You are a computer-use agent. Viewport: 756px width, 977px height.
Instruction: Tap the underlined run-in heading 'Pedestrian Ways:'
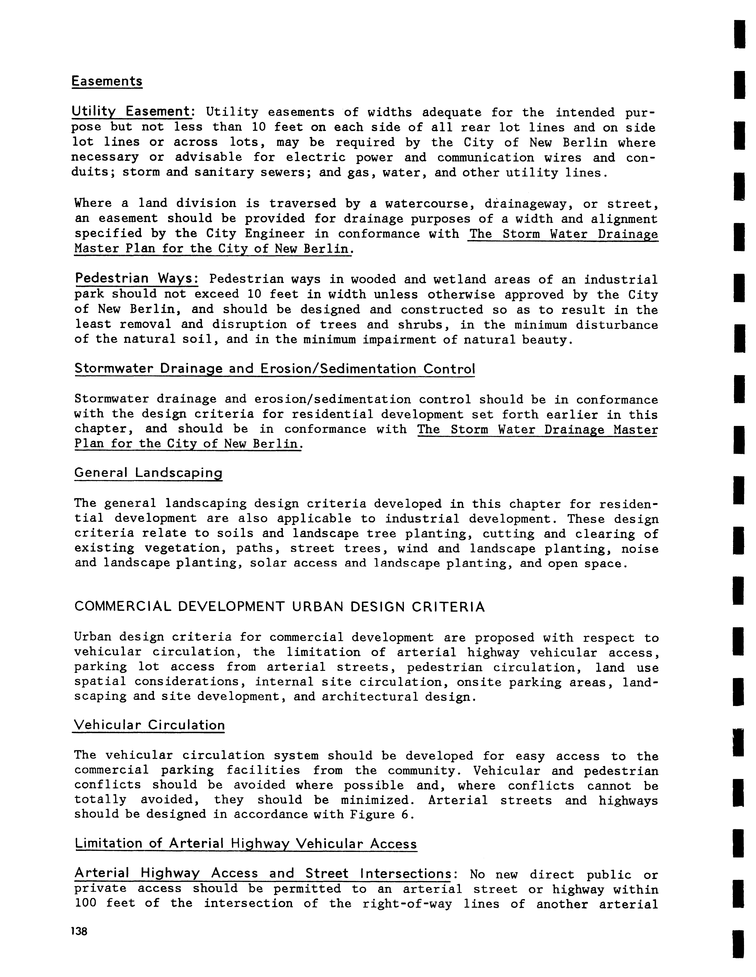[x=136, y=278]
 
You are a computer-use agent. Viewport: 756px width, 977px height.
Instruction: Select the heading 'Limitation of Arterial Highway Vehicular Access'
[x=246, y=844]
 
